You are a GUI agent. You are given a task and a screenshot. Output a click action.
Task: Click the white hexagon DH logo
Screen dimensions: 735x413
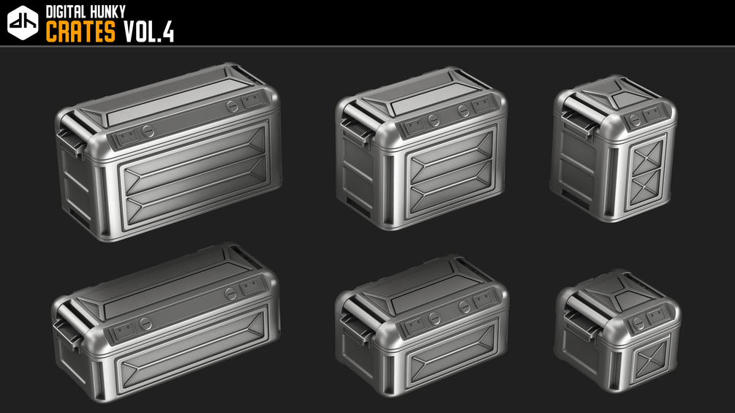[x=23, y=23]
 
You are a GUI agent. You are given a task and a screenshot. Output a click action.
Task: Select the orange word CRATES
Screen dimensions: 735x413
[x=80, y=32]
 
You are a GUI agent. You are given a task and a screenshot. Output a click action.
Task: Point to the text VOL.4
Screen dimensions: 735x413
[x=148, y=32]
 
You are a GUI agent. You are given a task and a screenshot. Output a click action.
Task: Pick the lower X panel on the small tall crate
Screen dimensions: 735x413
[x=646, y=186]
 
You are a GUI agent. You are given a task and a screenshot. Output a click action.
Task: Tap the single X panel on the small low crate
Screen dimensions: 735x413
[x=650, y=360]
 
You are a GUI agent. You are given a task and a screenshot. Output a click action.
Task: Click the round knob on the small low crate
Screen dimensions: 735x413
[x=638, y=323]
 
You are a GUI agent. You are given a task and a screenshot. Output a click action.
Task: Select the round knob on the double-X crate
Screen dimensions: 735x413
[x=635, y=120]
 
